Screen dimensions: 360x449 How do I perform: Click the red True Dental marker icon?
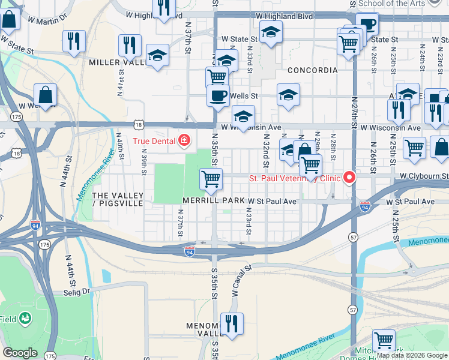(x=184, y=142)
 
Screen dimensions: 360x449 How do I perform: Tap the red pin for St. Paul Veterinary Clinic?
(x=348, y=178)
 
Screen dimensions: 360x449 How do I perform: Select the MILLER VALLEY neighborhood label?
(x=117, y=62)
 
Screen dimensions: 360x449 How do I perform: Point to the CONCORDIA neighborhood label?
(x=312, y=70)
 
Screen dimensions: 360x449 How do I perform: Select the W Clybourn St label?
(x=424, y=176)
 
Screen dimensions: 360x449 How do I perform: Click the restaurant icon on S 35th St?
(x=231, y=323)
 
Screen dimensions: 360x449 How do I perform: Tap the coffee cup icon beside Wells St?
(x=218, y=95)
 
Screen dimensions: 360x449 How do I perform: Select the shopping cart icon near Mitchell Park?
(x=384, y=340)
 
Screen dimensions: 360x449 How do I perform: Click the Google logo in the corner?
(x=20, y=353)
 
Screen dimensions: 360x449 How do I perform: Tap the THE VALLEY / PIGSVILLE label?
(x=118, y=200)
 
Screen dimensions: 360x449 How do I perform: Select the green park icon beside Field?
(x=25, y=317)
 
